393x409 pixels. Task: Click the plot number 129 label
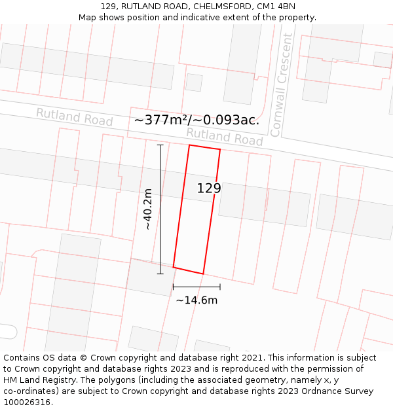point(209,188)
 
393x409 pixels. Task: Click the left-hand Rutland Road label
point(74,117)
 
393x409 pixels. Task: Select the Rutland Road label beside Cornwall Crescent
point(224,136)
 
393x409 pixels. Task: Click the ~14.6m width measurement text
point(196,300)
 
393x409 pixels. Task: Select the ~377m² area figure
point(160,120)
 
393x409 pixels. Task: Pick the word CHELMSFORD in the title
point(222,7)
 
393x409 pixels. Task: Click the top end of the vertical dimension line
point(160,145)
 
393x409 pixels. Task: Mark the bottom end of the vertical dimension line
point(160,274)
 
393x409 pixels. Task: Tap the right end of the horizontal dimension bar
point(220,287)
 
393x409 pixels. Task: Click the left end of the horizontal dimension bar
point(173,287)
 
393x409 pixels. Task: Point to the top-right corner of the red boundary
point(220,150)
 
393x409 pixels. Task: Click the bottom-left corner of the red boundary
point(174,266)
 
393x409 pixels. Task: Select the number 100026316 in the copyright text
point(27,402)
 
